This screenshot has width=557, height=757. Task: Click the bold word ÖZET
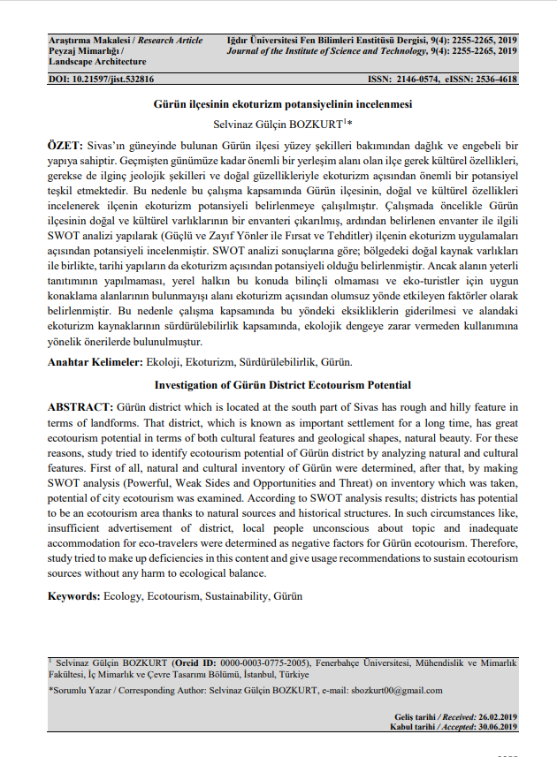(65, 144)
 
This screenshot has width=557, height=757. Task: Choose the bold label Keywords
(73, 596)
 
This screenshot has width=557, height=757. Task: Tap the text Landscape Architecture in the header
(96, 62)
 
